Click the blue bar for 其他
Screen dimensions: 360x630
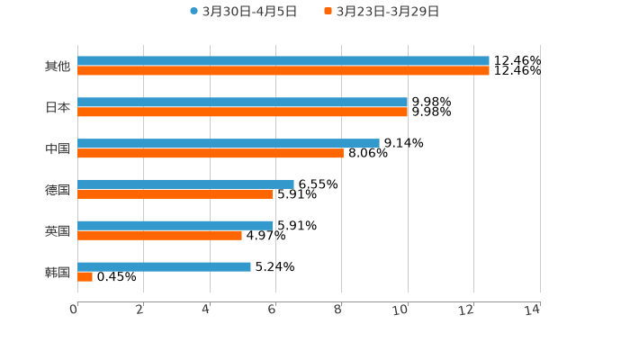pyautogui.click(x=283, y=61)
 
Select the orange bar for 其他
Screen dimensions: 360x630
pyautogui.click(x=283, y=71)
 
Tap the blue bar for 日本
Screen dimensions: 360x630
pyautogui.click(x=243, y=103)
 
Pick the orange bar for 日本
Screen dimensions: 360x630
pyautogui.click(x=243, y=112)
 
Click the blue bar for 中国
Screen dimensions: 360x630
pyautogui.click(x=229, y=143)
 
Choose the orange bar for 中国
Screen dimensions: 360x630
pyautogui.click(x=211, y=154)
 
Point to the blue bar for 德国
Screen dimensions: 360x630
pyautogui.click(x=185, y=184)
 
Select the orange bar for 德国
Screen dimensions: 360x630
pyautogui.click(x=175, y=194)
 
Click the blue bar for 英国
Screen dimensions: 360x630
pyautogui.click(x=175, y=225)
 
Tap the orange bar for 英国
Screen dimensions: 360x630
pyautogui.click(x=159, y=236)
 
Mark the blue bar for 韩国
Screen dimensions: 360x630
pyautogui.click(x=164, y=266)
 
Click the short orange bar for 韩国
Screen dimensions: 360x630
pyautogui.click(x=85, y=277)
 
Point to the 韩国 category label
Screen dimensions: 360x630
pyautogui.click(x=58, y=272)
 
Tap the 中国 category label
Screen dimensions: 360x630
pyautogui.click(x=58, y=148)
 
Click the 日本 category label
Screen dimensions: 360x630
pyautogui.click(x=58, y=107)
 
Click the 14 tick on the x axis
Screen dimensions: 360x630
pyautogui.click(x=533, y=310)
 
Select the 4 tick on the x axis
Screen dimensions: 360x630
pyautogui.click(x=206, y=310)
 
